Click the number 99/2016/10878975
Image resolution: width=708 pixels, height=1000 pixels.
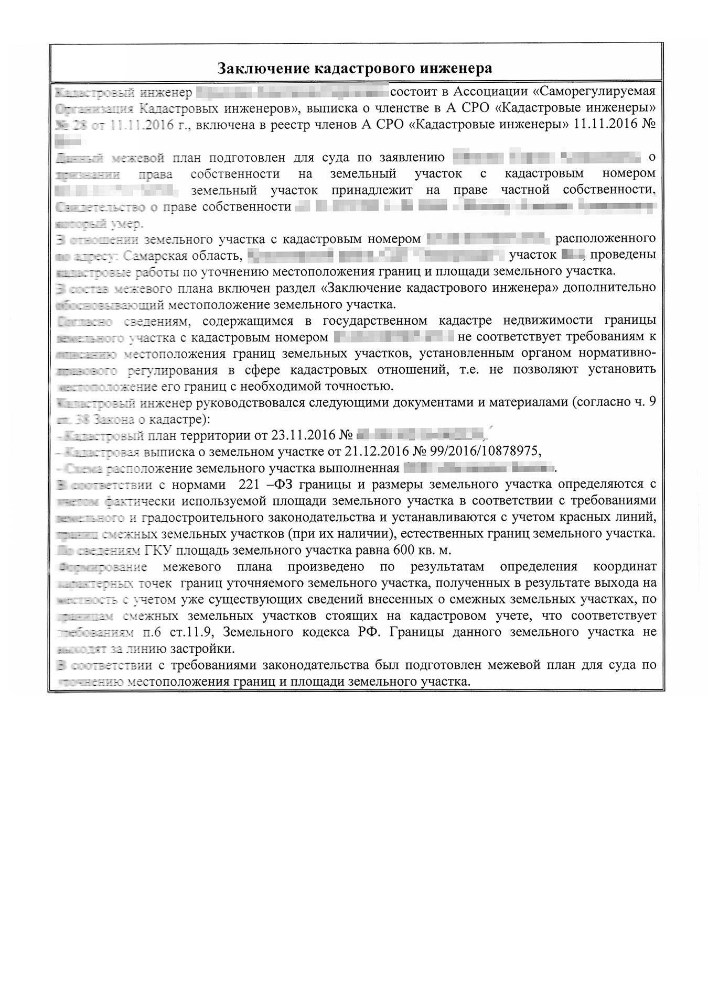tap(482, 451)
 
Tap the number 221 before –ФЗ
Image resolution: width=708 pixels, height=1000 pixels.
tap(249, 483)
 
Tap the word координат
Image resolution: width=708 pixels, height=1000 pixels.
tap(624, 567)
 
